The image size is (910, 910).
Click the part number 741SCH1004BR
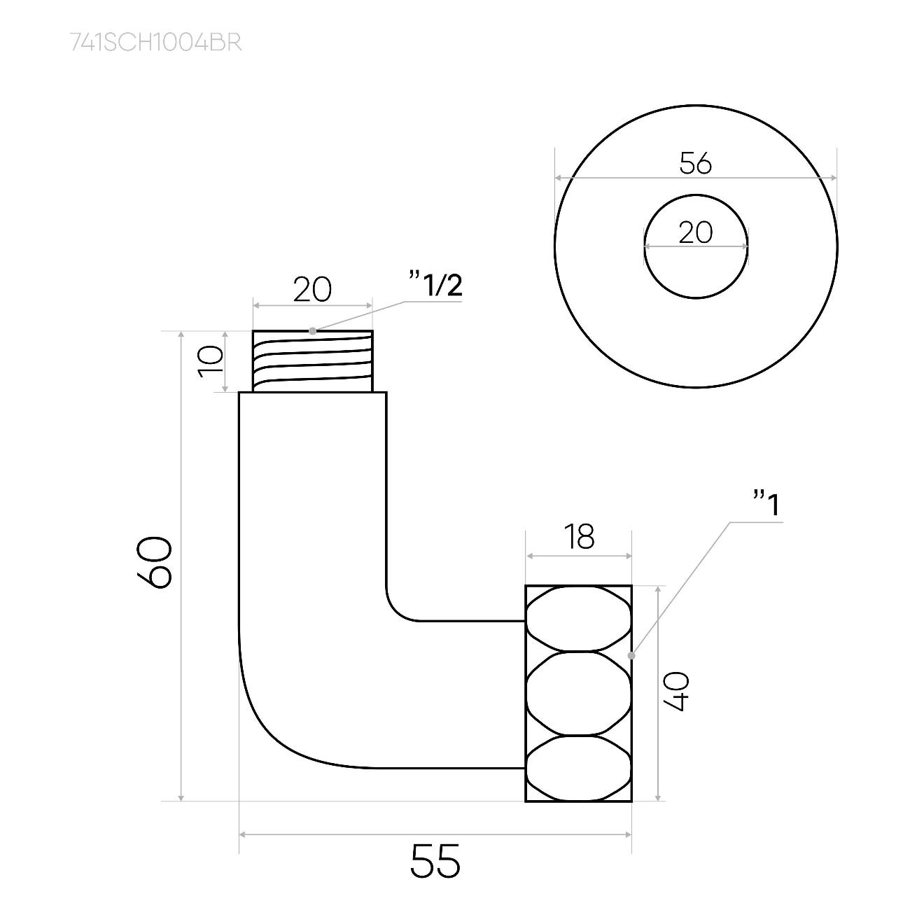pos(156,43)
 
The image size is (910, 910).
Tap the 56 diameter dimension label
pos(696,164)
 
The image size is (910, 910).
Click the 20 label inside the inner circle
pos(696,233)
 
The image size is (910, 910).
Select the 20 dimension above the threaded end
pos(312,290)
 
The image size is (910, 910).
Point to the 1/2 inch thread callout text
pos(436,284)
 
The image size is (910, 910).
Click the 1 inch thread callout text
pos(766,504)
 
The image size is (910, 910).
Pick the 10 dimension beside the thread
pos(210,361)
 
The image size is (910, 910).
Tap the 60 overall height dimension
pos(154,562)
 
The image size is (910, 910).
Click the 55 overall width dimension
pos(435,860)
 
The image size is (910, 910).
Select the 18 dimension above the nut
pos(579,536)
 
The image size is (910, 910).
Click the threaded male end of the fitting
pos(313,361)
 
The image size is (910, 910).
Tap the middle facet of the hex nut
pos(578,693)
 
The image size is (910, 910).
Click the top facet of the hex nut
pos(578,619)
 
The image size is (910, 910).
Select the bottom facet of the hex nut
pos(578,767)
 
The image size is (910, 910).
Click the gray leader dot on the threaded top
pos(313,331)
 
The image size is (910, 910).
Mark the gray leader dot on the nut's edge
pos(631,655)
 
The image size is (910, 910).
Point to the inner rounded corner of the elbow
pos(395,612)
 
